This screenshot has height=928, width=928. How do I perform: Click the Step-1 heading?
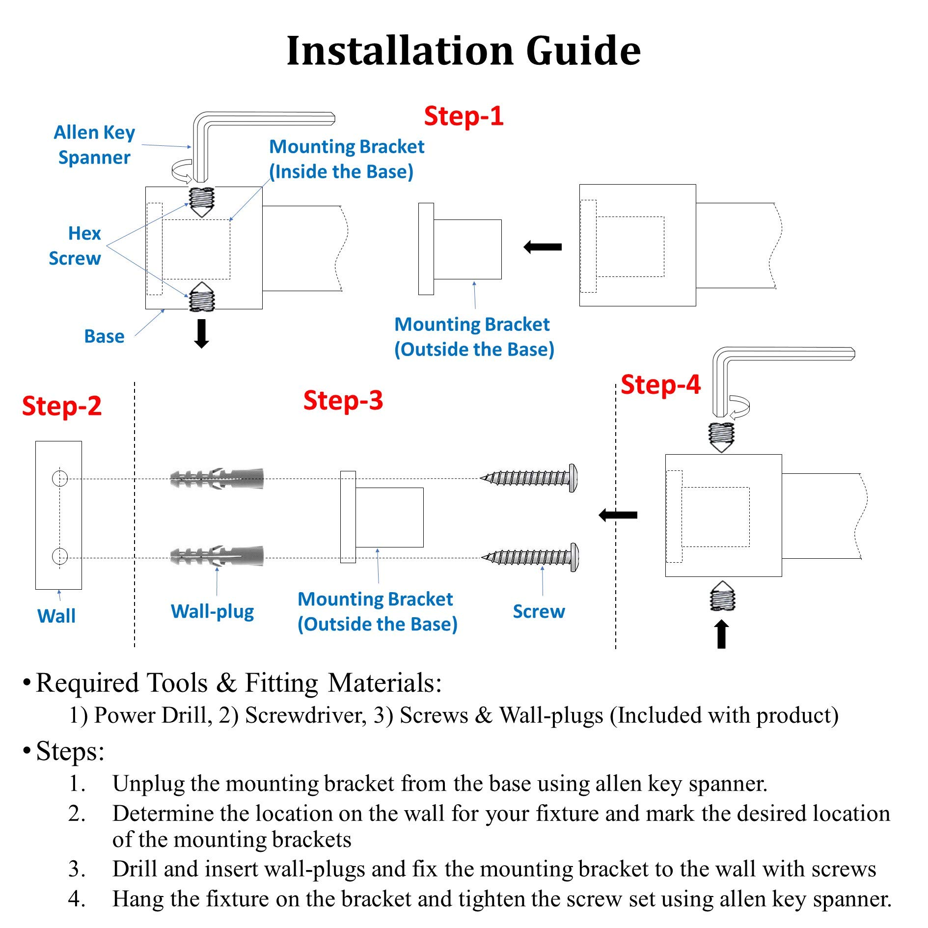(464, 116)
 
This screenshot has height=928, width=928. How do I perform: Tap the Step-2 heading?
(62, 407)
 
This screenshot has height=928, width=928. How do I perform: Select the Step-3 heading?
(343, 401)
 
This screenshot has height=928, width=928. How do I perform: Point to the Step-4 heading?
(660, 385)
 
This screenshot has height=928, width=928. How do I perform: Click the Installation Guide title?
(464, 51)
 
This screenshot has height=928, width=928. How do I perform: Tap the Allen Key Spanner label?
(94, 145)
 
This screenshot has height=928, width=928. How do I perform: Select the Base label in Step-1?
(104, 336)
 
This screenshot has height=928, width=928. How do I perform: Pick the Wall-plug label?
(212, 612)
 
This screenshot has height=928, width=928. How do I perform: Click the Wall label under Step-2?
(56, 616)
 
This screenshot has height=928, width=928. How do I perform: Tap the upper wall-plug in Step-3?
(217, 478)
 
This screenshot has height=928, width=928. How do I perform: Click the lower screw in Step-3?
(530, 557)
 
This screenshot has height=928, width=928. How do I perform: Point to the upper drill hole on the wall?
(60, 478)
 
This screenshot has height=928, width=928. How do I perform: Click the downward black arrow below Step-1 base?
(201, 334)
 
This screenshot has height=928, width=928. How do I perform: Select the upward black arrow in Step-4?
(721, 634)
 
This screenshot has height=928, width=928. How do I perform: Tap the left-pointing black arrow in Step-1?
(543, 246)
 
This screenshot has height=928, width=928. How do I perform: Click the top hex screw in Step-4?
(721, 436)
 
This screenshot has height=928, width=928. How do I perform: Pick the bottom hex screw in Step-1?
(202, 298)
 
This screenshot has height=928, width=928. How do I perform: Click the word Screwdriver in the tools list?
(305, 715)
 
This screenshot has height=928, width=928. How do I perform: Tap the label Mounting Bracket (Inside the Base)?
(346, 159)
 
